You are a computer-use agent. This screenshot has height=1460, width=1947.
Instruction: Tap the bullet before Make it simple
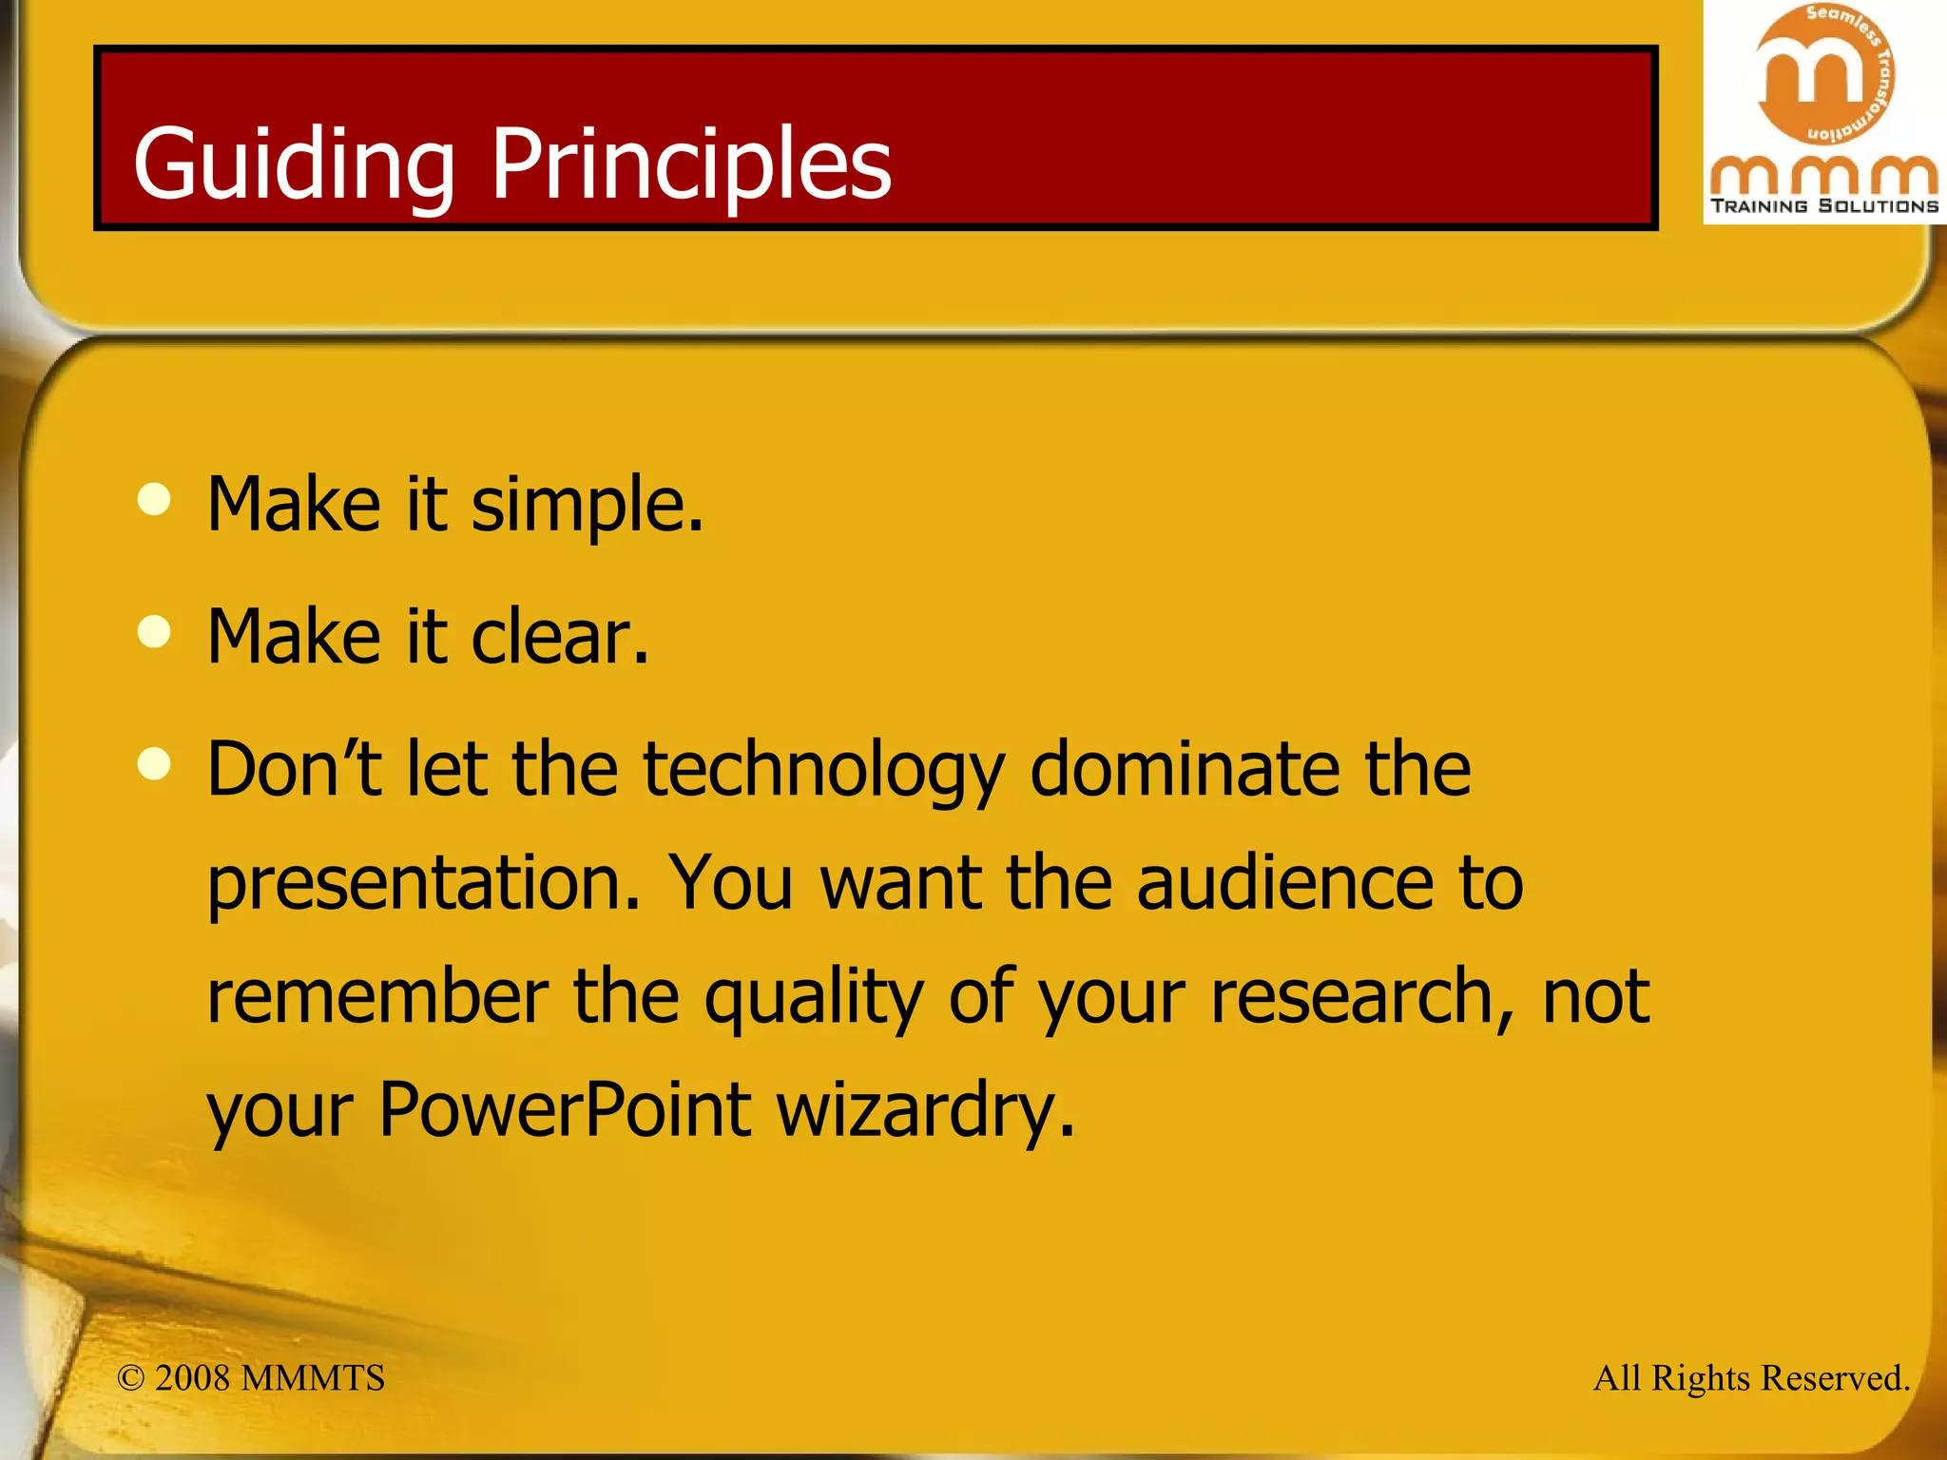pos(154,500)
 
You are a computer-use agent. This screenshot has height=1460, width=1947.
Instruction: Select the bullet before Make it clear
pos(154,632)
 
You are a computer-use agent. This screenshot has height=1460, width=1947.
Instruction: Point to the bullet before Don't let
pos(154,763)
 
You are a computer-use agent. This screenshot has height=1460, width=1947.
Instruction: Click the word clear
pos(560,637)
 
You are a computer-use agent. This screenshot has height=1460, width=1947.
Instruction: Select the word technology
pos(823,770)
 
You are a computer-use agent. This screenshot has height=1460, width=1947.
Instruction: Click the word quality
pos(814,998)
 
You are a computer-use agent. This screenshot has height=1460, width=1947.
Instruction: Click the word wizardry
pos(925,1109)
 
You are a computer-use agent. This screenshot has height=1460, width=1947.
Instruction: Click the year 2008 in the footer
pos(192,1378)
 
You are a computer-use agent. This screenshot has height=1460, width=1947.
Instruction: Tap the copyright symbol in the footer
pos(131,1378)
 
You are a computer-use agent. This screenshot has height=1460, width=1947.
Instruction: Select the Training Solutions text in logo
pos(1824,206)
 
